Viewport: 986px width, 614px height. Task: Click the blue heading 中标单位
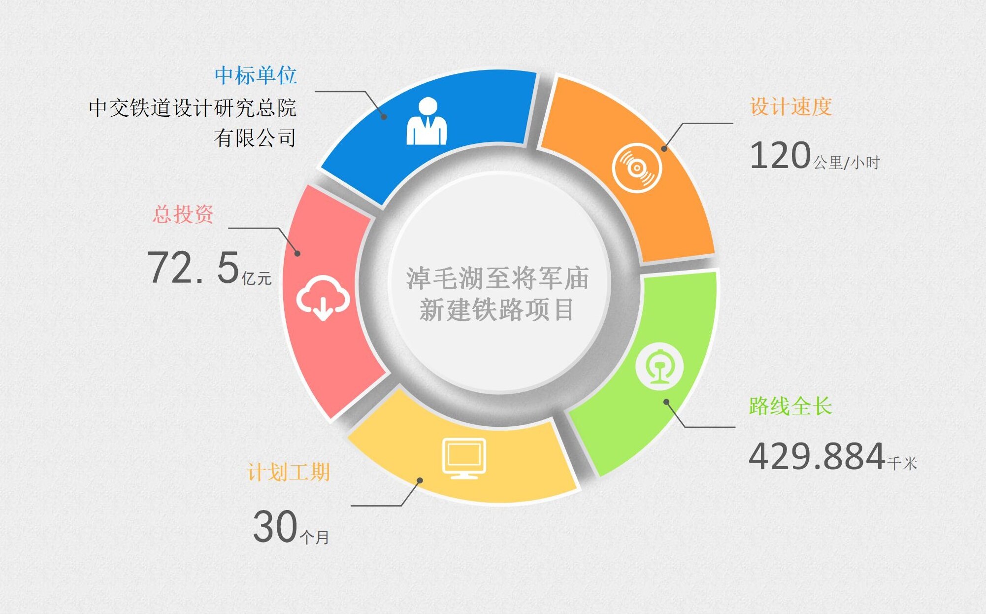pyautogui.click(x=256, y=75)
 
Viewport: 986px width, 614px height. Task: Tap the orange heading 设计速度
pyautogui.click(x=791, y=106)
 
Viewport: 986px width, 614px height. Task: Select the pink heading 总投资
pyautogui.click(x=183, y=214)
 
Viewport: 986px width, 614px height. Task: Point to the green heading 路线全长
pyautogui.click(x=790, y=406)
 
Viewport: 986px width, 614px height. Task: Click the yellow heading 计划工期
pyautogui.click(x=289, y=472)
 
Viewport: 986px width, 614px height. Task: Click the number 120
pyautogui.click(x=780, y=155)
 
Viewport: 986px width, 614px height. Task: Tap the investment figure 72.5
pyautogui.click(x=194, y=268)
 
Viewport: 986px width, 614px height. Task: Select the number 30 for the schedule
pyautogui.click(x=275, y=526)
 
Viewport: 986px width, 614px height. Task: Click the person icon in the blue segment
pyautogui.click(x=427, y=121)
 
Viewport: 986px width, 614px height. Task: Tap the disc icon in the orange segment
pyautogui.click(x=637, y=168)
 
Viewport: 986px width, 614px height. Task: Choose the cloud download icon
pyautogui.click(x=323, y=298)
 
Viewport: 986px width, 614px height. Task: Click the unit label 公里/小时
pyautogui.click(x=847, y=163)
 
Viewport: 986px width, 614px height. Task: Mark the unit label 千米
pyautogui.click(x=902, y=463)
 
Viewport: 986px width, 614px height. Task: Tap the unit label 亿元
pyautogui.click(x=257, y=278)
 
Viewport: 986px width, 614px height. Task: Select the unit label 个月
pyautogui.click(x=314, y=537)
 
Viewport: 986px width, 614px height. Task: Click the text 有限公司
pyautogui.click(x=255, y=138)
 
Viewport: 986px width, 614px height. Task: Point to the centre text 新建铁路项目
pyautogui.click(x=497, y=310)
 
